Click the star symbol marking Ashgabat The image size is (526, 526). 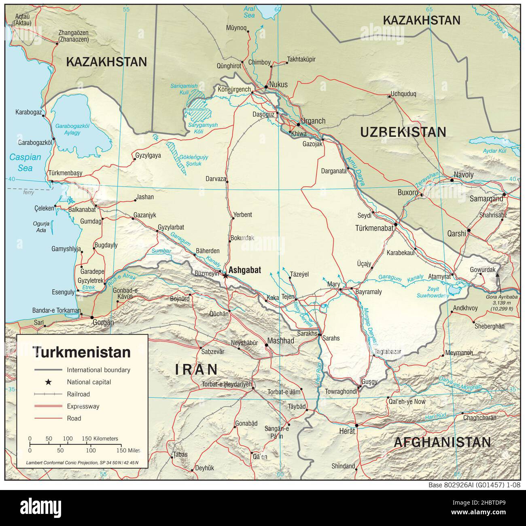[225, 276]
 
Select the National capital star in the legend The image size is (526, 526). [48, 382]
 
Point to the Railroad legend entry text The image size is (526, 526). [78, 394]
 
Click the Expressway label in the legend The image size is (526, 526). [83, 406]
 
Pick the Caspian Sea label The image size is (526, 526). [25, 162]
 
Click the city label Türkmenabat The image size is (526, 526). [374, 228]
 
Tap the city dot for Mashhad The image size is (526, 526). [266, 345]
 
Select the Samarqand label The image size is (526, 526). [486, 199]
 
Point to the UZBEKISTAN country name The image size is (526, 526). [403, 132]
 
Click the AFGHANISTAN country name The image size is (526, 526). [442, 442]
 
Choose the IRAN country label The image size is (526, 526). [196, 369]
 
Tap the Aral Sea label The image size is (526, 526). [249, 12]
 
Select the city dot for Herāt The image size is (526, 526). [356, 425]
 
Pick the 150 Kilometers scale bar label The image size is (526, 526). [100, 438]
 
